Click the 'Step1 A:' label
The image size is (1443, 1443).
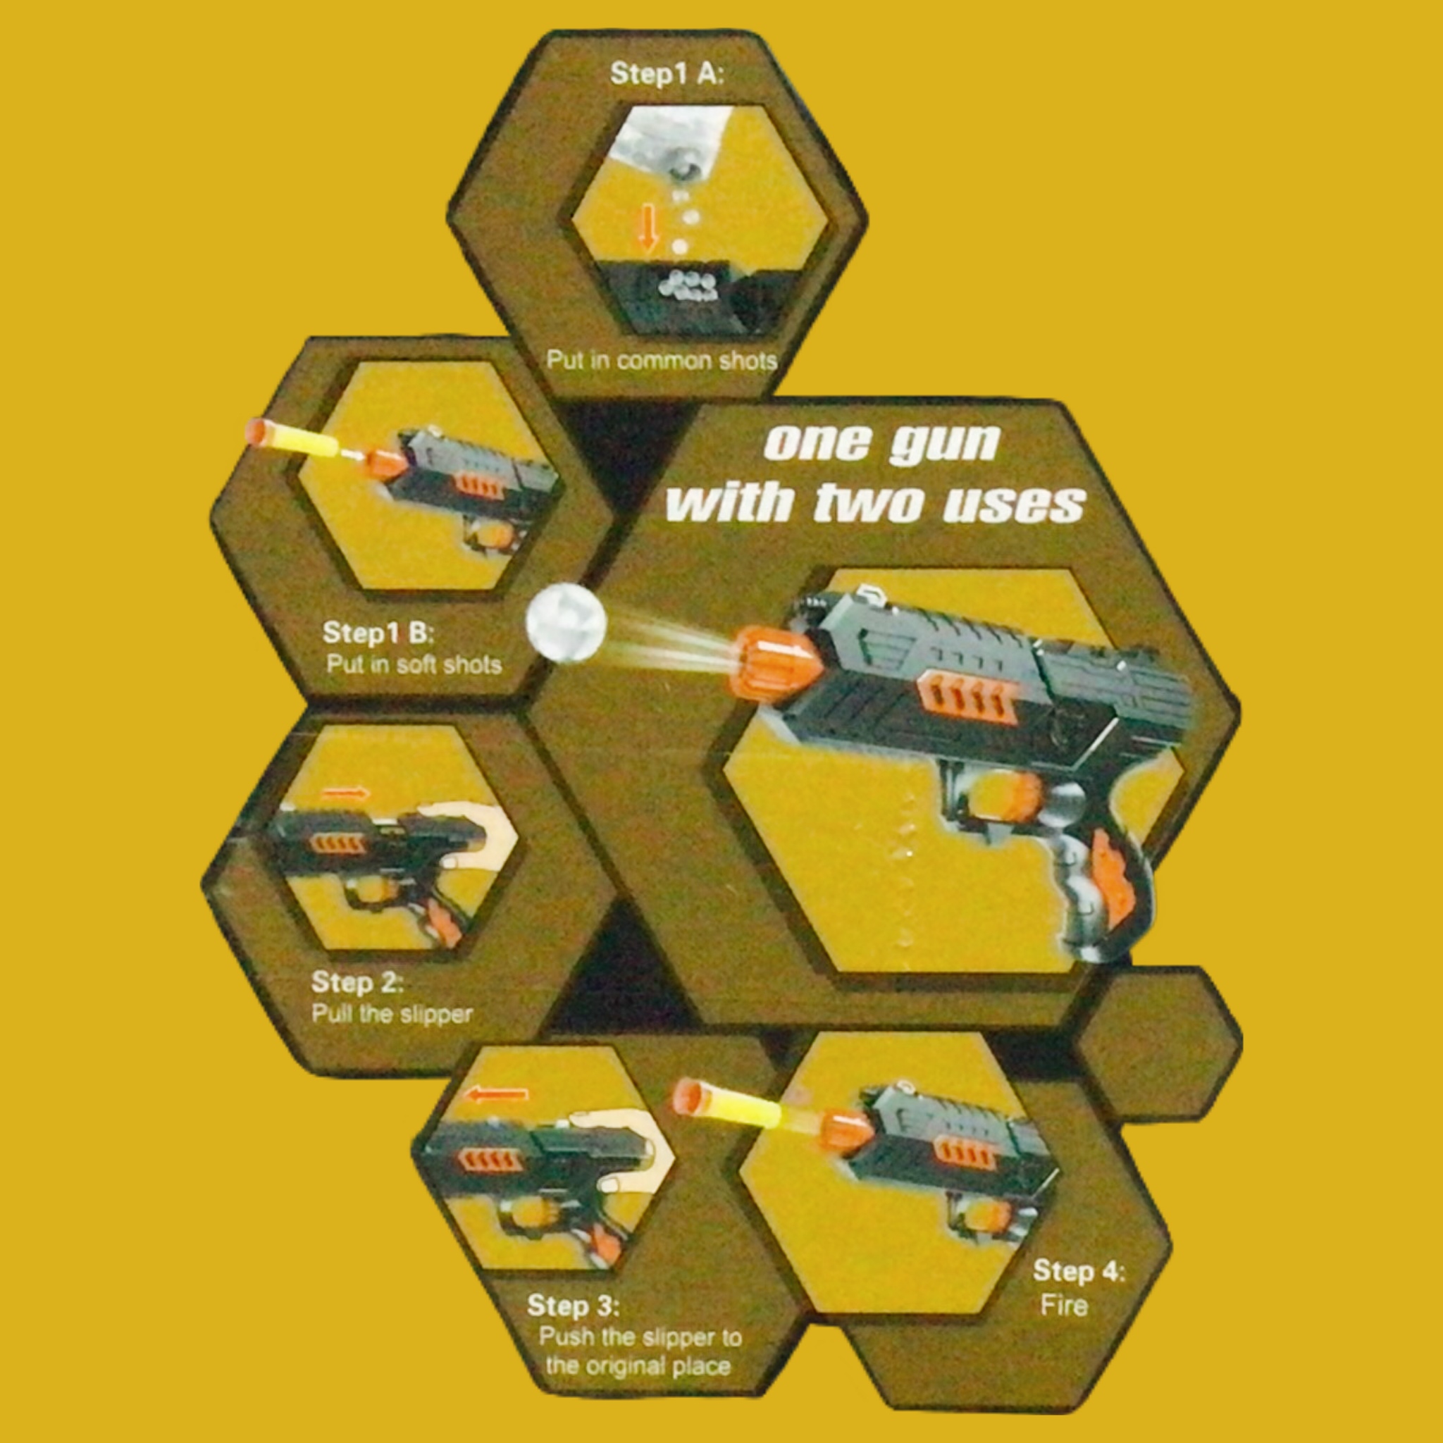[667, 74]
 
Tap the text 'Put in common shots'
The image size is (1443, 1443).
[661, 361]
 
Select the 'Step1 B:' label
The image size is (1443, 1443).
[377, 633]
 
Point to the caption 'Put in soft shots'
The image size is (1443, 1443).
[414, 664]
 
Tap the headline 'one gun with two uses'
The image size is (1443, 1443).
[875, 472]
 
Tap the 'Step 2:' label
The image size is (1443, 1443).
[357, 982]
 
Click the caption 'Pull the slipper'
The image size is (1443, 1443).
[391, 1013]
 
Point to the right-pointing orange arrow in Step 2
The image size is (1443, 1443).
[344, 793]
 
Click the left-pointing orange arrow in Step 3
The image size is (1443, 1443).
[496, 1095]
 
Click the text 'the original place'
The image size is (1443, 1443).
[637, 1366]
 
